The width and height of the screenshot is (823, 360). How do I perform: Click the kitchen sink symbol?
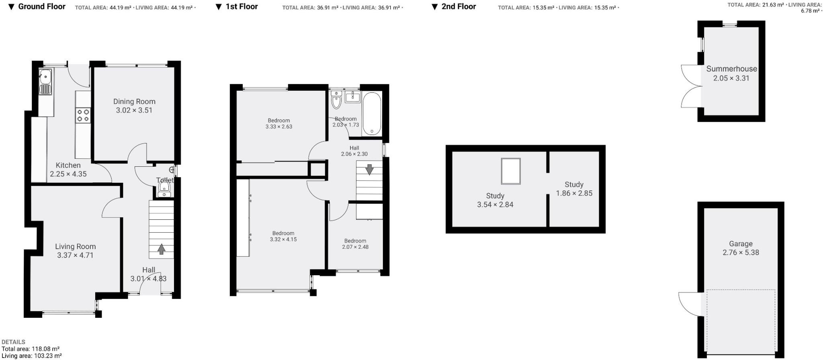point(45,75)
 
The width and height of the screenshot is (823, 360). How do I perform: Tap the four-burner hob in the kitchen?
point(84,115)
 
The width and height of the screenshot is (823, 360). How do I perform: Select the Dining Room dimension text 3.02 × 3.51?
point(134,110)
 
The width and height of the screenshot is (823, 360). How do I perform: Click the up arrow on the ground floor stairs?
point(161,250)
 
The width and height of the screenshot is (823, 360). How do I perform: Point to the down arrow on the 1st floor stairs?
point(369,169)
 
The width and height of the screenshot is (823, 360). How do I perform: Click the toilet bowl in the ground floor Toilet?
point(164,187)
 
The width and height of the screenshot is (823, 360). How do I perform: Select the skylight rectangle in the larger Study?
point(511,171)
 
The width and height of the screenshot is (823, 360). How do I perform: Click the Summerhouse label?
point(731,69)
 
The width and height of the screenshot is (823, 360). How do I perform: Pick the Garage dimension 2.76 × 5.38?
point(741,253)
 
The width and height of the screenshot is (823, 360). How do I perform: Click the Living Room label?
point(76,247)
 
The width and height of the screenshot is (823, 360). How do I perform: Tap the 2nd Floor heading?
point(459,6)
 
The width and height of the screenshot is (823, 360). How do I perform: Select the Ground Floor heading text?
point(42,6)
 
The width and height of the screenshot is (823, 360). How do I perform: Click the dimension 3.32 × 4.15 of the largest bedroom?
point(283,239)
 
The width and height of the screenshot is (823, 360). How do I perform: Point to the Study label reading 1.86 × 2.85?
point(574,193)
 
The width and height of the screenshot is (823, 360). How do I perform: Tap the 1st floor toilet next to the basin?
point(336,100)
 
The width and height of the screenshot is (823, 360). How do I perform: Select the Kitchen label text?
point(68,165)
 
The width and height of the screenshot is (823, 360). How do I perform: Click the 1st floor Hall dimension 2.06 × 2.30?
point(354,154)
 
